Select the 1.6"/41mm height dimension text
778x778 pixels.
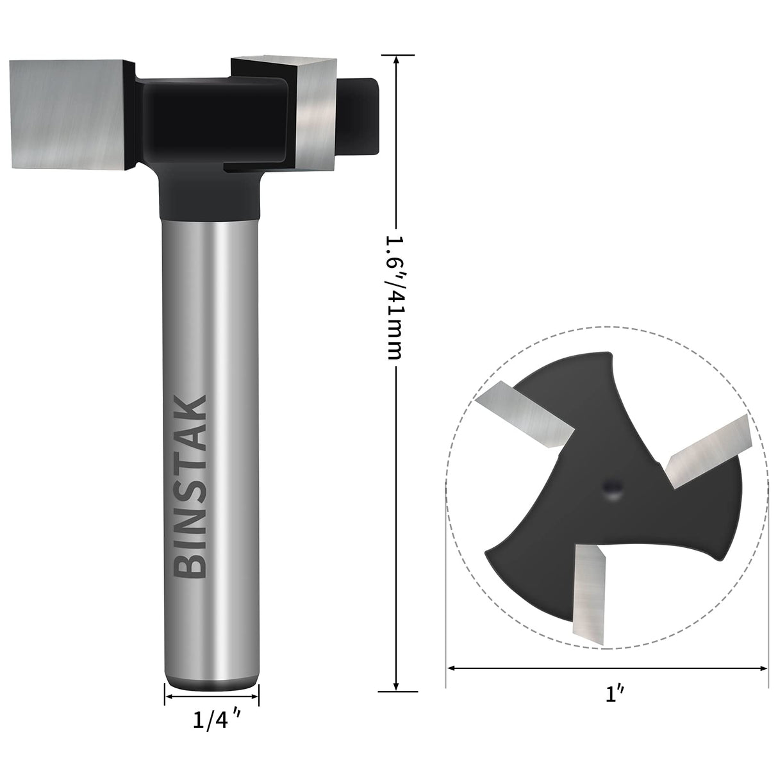[393, 297]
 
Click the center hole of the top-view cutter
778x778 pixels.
[611, 489]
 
